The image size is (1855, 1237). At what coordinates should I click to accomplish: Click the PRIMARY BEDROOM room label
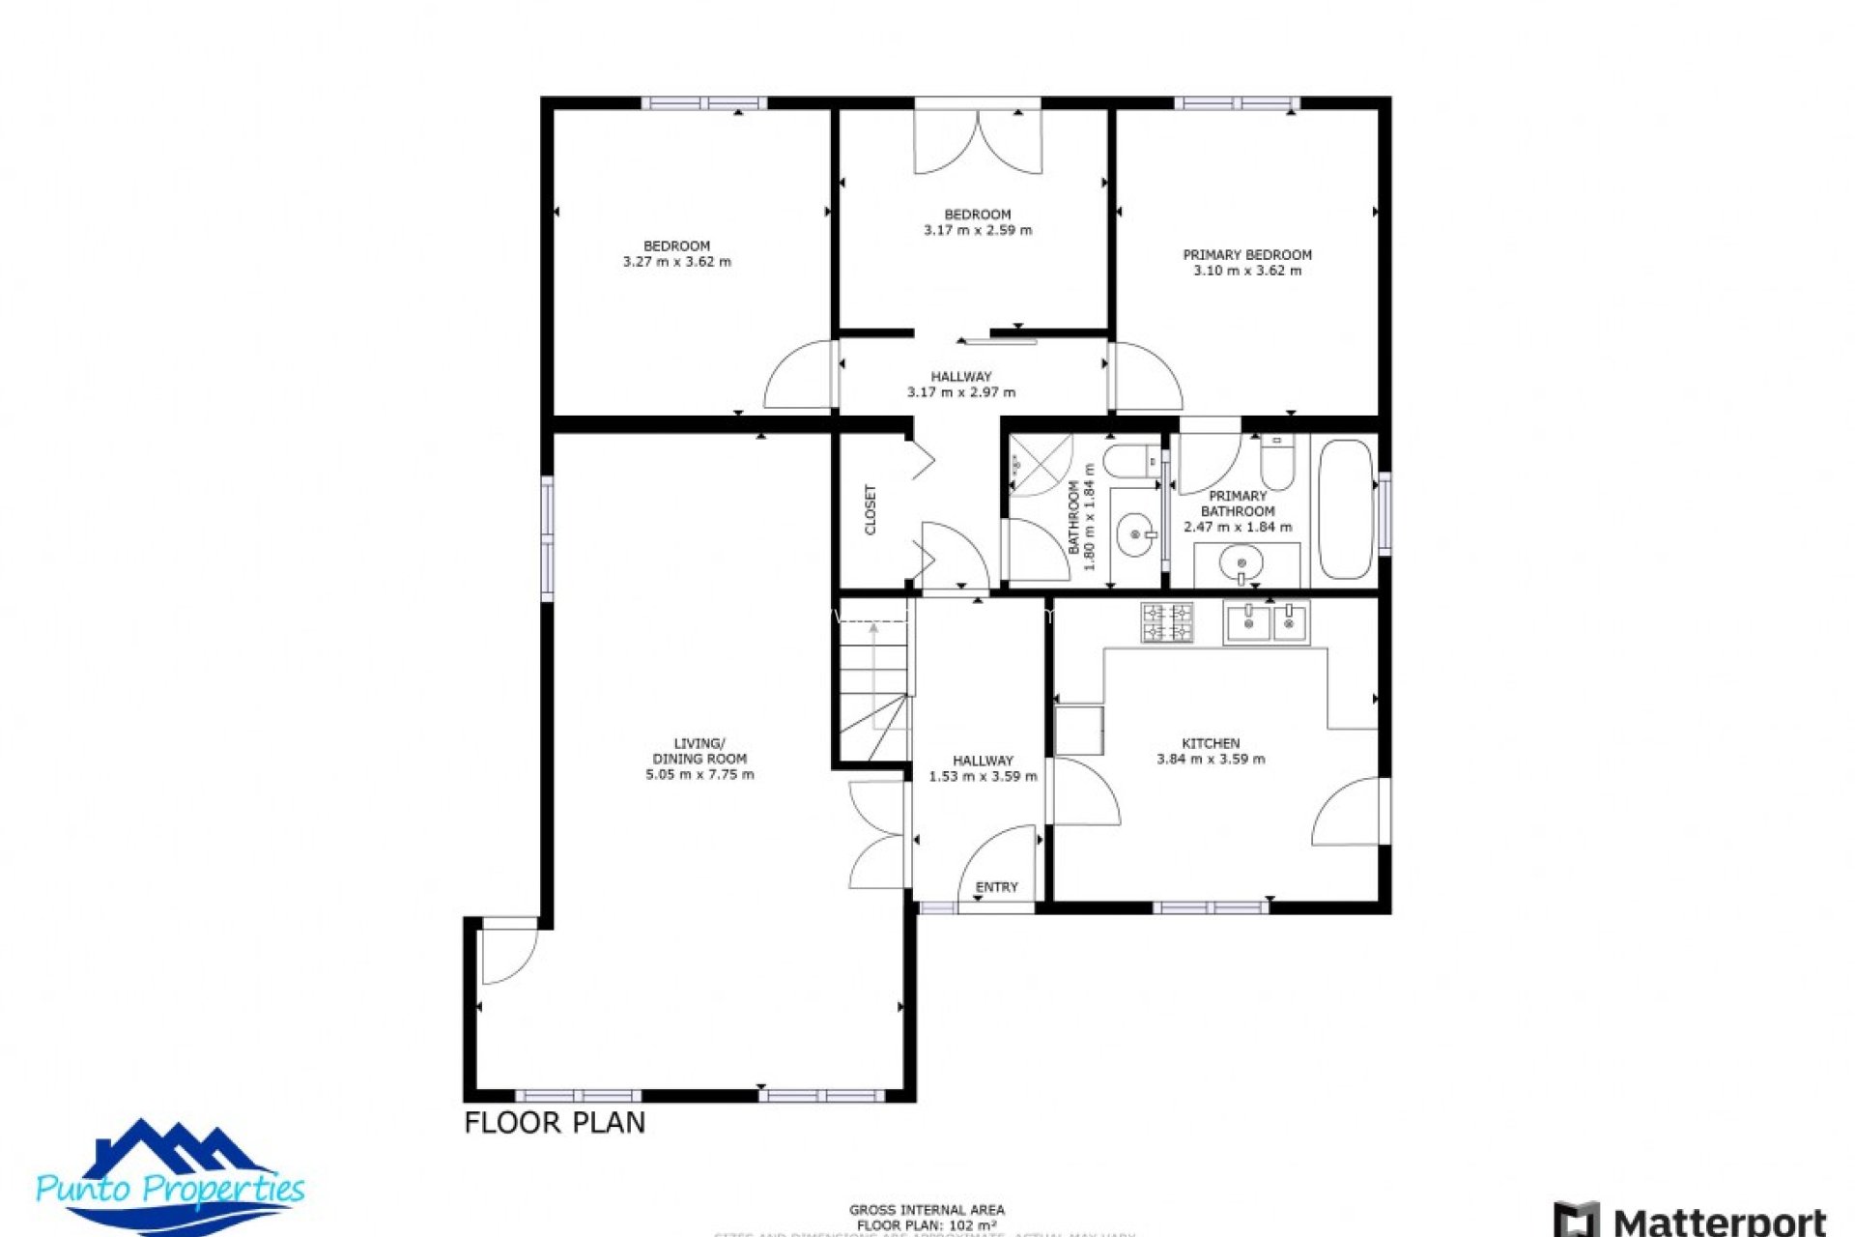pyautogui.click(x=1247, y=255)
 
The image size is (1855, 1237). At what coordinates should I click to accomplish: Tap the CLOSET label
pyautogui.click(x=870, y=510)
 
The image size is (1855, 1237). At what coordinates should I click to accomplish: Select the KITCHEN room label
pyautogui.click(x=1211, y=743)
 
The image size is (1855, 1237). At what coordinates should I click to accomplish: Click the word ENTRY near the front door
pyautogui.click(x=996, y=887)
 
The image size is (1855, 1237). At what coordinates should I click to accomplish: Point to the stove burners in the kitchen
pyautogui.click(x=1167, y=622)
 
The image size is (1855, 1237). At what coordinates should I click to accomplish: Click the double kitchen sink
pyautogui.click(x=1266, y=622)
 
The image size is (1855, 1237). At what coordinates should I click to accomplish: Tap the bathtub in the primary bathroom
pyautogui.click(x=1346, y=509)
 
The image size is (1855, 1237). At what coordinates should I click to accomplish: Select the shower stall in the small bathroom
pyautogui.click(x=1042, y=465)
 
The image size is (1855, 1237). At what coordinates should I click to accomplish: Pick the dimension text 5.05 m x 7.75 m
pyautogui.click(x=699, y=774)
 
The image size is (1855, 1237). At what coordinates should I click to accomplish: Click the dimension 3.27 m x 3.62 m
pyautogui.click(x=676, y=262)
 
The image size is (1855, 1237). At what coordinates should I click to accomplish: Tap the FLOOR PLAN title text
pyautogui.click(x=555, y=1123)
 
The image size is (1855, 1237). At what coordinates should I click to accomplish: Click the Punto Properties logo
pyautogui.click(x=170, y=1177)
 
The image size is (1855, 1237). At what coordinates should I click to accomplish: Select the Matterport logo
pyautogui.click(x=1691, y=1220)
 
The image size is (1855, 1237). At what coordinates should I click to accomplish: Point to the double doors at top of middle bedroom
pyautogui.click(x=978, y=142)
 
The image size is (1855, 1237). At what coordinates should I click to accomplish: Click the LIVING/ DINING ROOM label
pyautogui.click(x=699, y=751)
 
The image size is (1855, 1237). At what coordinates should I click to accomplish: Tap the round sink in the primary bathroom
pyautogui.click(x=1241, y=561)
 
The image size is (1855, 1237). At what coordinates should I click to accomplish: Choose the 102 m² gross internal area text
pyautogui.click(x=927, y=1225)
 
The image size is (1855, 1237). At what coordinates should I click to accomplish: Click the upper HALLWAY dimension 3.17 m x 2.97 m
pyautogui.click(x=961, y=392)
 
